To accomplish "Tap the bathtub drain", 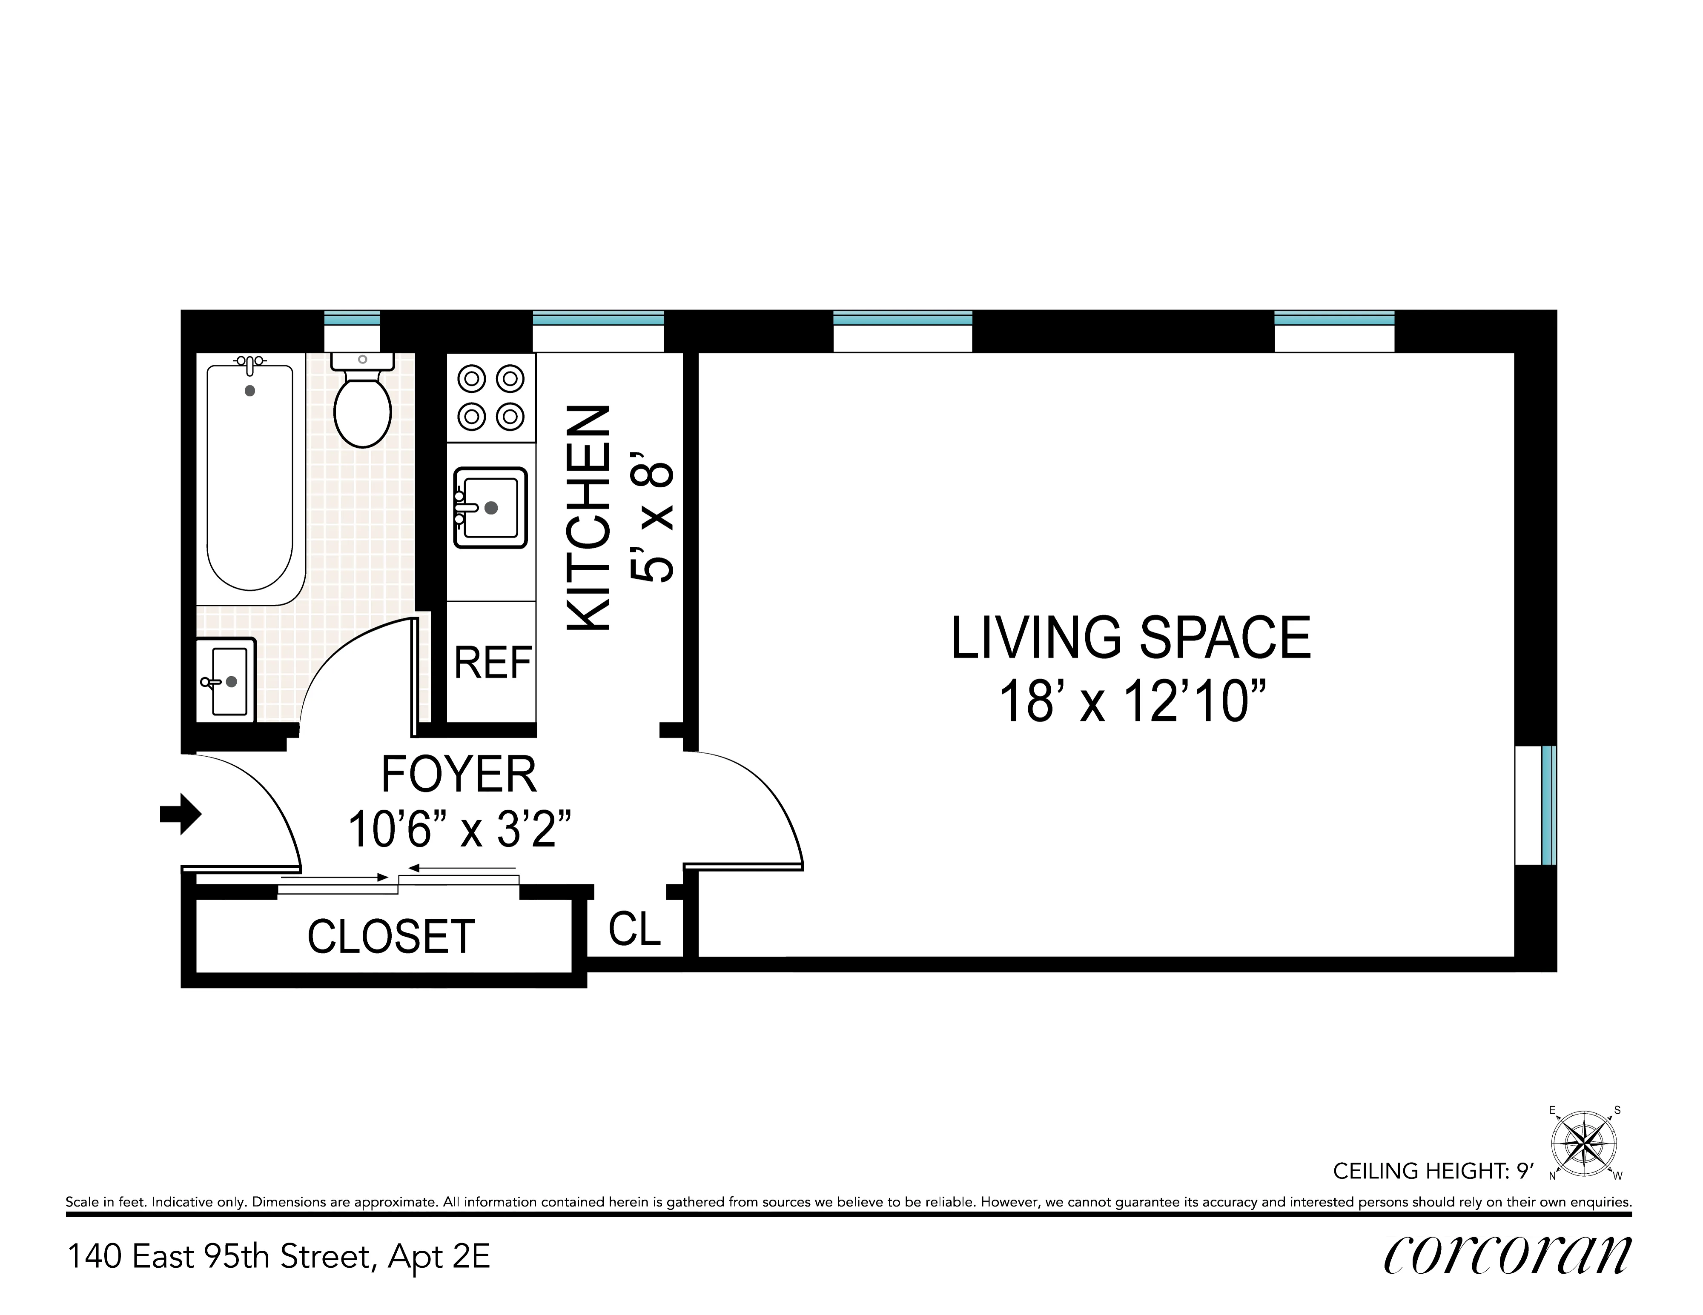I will point(249,391).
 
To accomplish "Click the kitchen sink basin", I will point(490,507).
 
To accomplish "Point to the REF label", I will point(493,663).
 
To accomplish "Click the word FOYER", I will point(459,775).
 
